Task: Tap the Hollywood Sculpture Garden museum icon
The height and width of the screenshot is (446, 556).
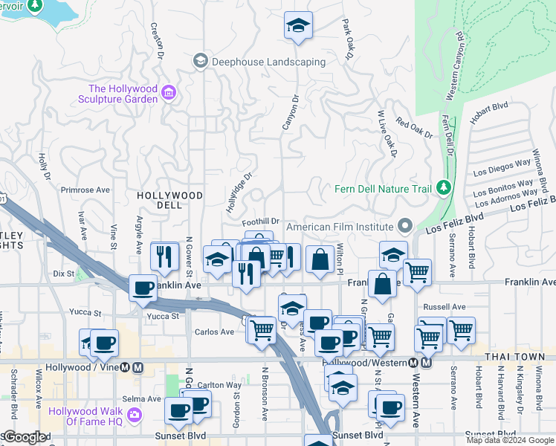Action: coord(169,93)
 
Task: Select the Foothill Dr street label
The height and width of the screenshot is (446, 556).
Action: coord(261,222)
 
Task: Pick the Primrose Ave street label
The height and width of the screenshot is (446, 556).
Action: coord(85,190)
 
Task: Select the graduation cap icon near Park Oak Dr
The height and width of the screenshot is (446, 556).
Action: coord(298,25)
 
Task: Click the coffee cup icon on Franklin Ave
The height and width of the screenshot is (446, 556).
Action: coord(143,288)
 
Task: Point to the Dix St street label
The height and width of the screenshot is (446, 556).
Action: coord(65,274)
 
